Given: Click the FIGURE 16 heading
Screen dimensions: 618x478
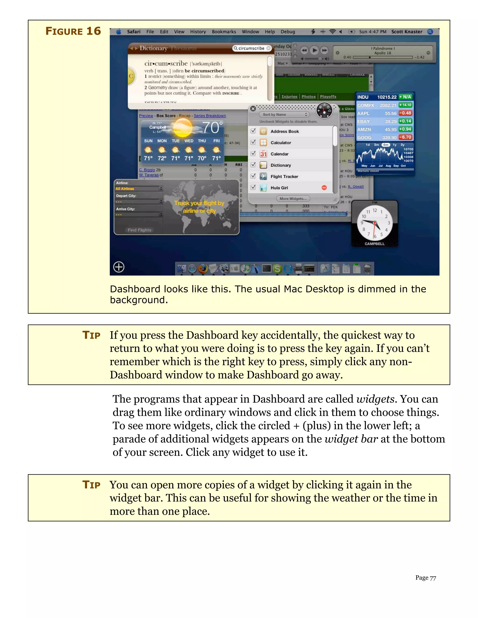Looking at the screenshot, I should (x=73, y=31).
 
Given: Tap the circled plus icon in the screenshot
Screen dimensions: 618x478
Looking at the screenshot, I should (x=119, y=267).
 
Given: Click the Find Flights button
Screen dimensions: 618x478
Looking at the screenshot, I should (x=139, y=230).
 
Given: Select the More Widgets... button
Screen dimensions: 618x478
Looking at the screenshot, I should (x=293, y=199).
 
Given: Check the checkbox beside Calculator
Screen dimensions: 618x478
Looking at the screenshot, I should (x=253, y=142).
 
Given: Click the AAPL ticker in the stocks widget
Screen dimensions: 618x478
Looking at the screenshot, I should (x=363, y=113).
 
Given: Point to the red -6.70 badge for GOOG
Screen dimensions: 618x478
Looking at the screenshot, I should (x=405, y=137).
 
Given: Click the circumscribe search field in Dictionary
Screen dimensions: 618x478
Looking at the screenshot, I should (x=251, y=48).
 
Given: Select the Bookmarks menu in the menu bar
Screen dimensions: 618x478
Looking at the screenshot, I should (x=224, y=32).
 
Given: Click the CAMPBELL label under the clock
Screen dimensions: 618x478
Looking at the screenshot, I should (x=374, y=244).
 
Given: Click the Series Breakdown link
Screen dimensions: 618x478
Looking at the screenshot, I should (x=210, y=116).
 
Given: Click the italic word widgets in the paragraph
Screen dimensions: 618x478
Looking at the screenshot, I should (x=375, y=399).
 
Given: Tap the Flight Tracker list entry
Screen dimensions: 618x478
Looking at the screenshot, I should (x=284, y=177).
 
